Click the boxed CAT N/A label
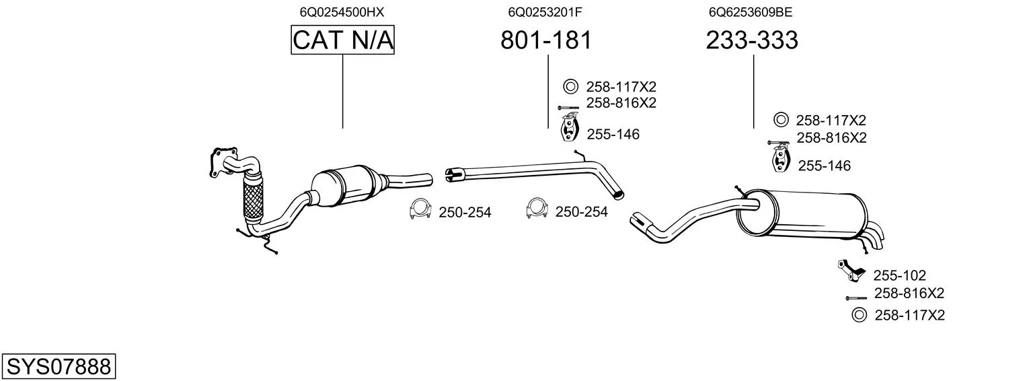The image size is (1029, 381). coord(342,40)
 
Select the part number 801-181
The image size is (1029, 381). coord(546,40)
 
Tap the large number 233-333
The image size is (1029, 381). coord(752,40)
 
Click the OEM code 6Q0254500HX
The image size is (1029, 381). coord(342,11)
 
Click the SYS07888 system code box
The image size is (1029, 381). coord(59,367)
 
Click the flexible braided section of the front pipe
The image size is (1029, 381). coord(252,199)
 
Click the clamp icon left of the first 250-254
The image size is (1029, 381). coord(420,211)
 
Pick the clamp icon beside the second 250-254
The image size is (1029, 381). coord(537,211)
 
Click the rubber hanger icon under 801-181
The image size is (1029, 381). coord(570,129)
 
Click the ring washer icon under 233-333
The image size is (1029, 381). coord(781,120)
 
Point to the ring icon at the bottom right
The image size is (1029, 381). coord(859,315)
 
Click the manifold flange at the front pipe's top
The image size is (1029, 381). coord(223,160)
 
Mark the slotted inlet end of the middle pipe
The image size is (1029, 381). coord(451,174)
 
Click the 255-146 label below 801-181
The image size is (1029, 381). coord(613,135)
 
